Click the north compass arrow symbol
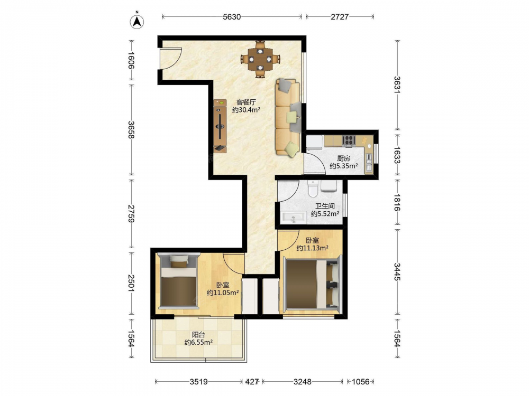pyautogui.click(x=137, y=22)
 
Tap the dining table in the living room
pyautogui.click(x=260, y=59)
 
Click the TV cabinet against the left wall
pyautogui.click(x=220, y=126)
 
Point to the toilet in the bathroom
pyautogui.click(x=313, y=188)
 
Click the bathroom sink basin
pyautogui.click(x=294, y=217)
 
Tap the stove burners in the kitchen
pyautogui.click(x=348, y=140)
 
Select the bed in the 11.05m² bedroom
pyautogui.click(x=178, y=281)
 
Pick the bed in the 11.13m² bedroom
pyautogui.click(x=313, y=283)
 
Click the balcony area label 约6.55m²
pyautogui.click(x=198, y=343)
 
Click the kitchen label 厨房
pyautogui.click(x=343, y=158)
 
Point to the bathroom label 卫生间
pyautogui.click(x=325, y=206)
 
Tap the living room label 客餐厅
pyautogui.click(x=246, y=102)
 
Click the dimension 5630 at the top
pyautogui.click(x=232, y=17)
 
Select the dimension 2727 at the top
pyautogui.click(x=340, y=17)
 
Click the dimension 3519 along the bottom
pyautogui.click(x=199, y=382)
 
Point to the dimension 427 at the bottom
pyautogui.click(x=252, y=382)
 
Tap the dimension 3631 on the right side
pyautogui.click(x=397, y=85)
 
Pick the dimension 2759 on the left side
pyautogui.click(x=131, y=213)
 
